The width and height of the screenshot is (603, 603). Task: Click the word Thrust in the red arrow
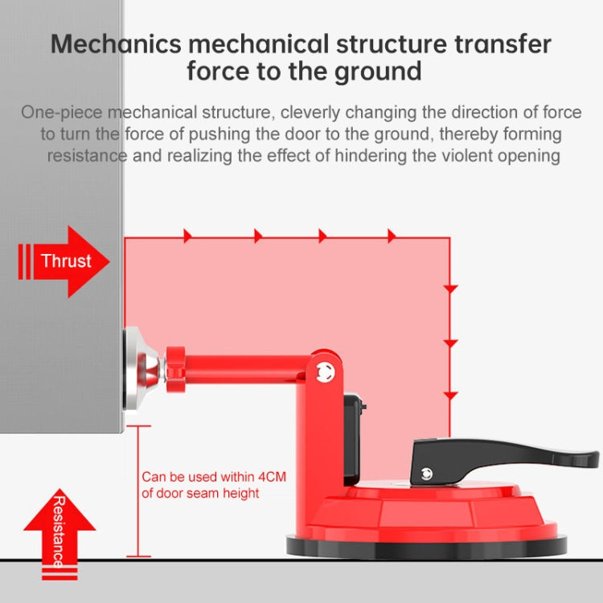(x=66, y=260)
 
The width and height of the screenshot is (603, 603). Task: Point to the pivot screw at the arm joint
(x=326, y=372)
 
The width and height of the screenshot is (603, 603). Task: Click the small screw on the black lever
(x=426, y=474)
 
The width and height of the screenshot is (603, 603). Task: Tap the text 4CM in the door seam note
(x=272, y=477)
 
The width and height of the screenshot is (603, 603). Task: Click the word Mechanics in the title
(x=116, y=44)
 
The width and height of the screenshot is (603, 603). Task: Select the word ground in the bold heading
(x=378, y=72)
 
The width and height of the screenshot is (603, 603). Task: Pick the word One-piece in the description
(x=62, y=113)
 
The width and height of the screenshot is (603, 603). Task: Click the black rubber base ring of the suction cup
(x=426, y=548)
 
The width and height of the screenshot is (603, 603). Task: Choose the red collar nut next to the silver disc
(x=175, y=369)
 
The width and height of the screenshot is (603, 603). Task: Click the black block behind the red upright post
(x=353, y=438)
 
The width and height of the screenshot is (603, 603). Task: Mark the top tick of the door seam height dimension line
(x=138, y=426)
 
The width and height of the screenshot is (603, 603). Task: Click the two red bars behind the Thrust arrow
(x=24, y=261)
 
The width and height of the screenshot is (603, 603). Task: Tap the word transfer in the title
(x=503, y=44)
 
